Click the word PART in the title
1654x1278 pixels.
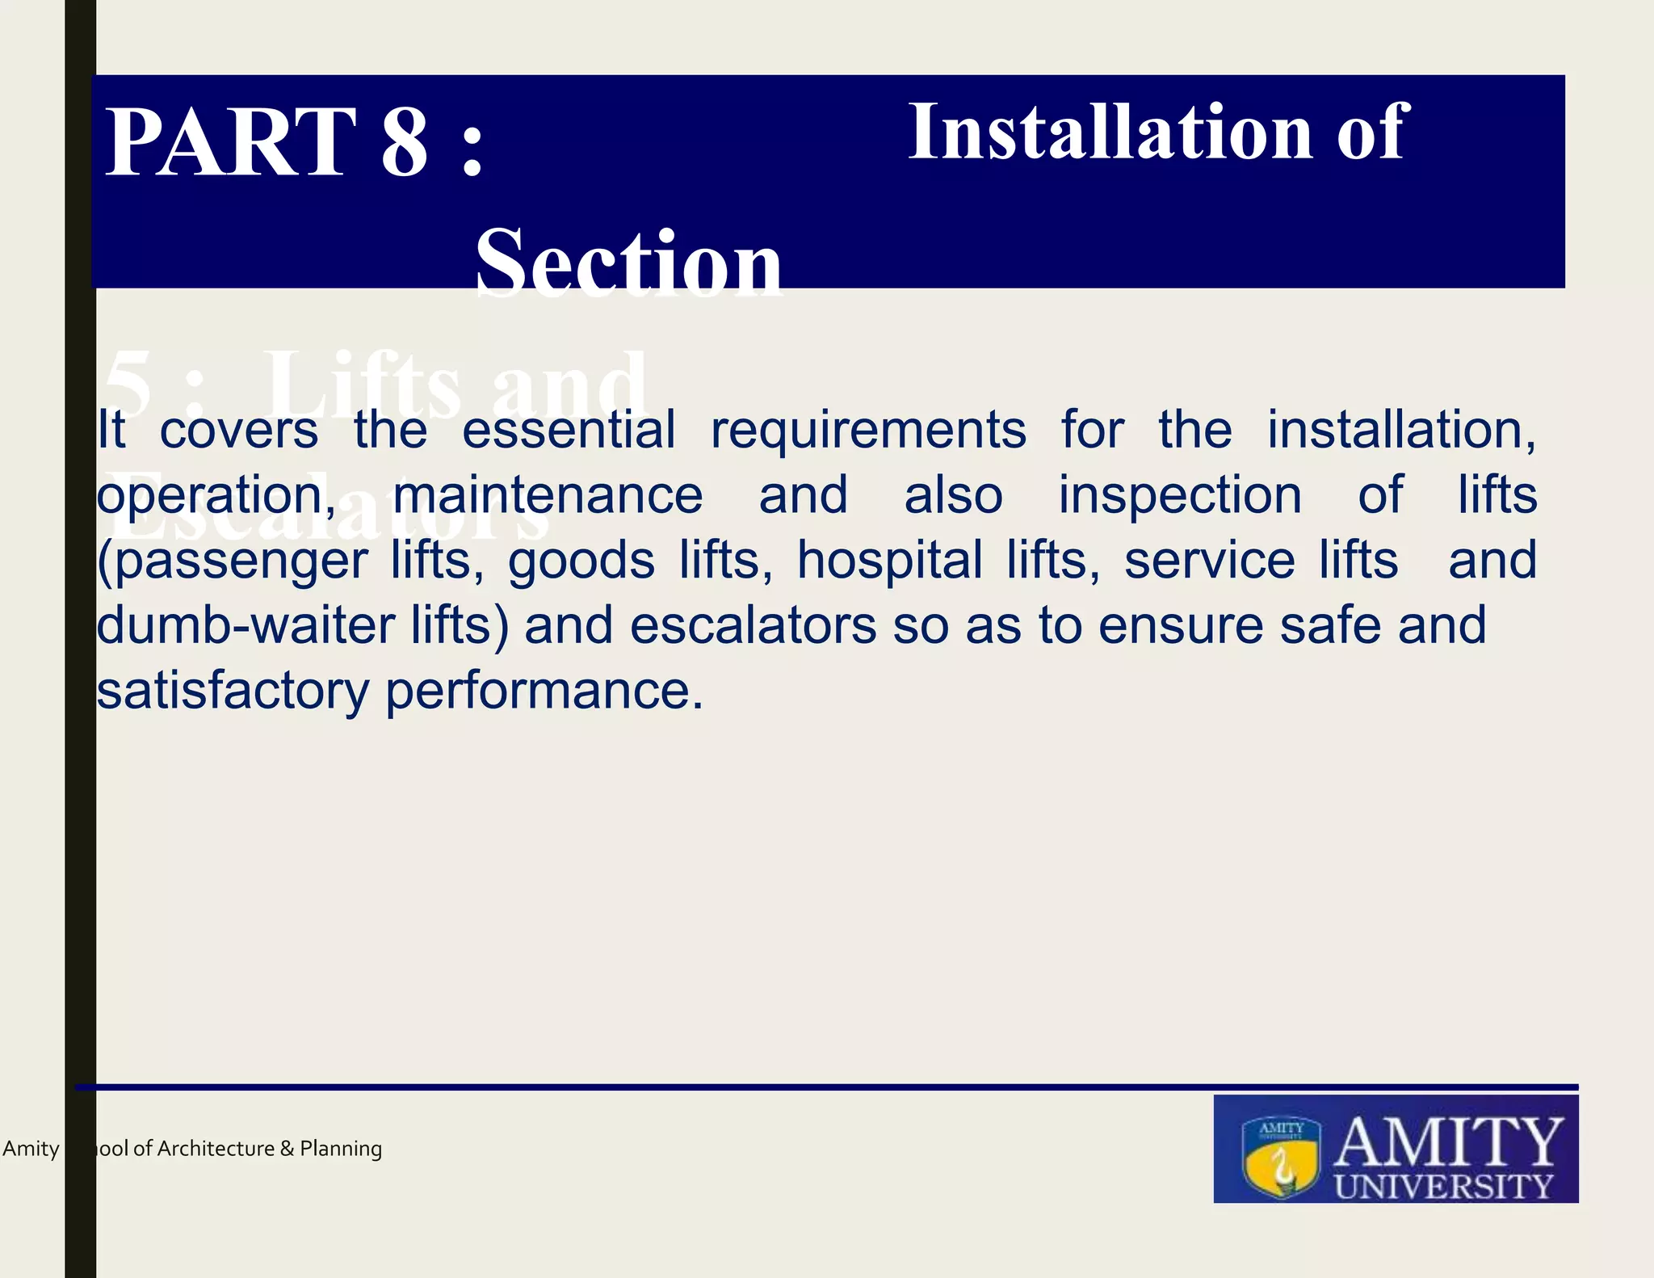click(231, 143)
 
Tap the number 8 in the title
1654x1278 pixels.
click(404, 143)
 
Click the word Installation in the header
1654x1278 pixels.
click(1111, 132)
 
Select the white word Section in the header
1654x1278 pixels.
click(628, 263)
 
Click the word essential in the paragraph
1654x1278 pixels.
click(569, 430)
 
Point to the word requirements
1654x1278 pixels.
click(868, 431)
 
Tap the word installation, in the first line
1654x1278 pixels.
click(1400, 430)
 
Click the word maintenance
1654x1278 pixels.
click(548, 495)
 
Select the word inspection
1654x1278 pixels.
click(1180, 495)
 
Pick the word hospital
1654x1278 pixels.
click(889, 561)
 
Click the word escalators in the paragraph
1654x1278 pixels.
click(753, 626)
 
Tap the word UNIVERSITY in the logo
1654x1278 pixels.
click(1443, 1186)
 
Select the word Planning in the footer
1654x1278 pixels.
click(341, 1149)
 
